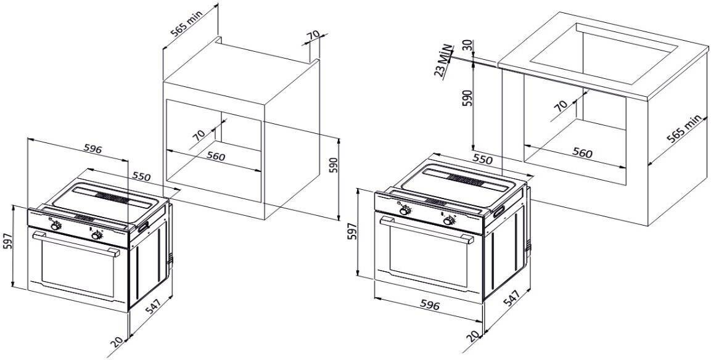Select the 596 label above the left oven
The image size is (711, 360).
pyautogui.click(x=92, y=149)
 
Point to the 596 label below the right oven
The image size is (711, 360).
pyautogui.click(x=429, y=305)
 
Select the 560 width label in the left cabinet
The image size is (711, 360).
pyautogui.click(x=215, y=157)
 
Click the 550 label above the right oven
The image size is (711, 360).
pyautogui.click(x=482, y=158)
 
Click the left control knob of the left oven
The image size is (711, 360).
pyautogui.click(x=55, y=226)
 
